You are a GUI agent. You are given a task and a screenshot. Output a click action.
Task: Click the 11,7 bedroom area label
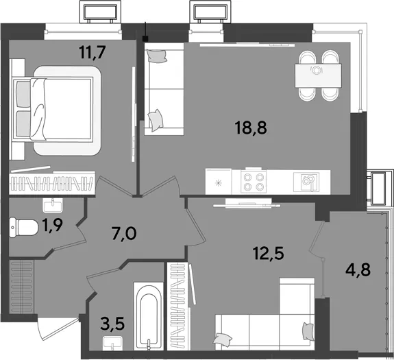(x=91, y=52)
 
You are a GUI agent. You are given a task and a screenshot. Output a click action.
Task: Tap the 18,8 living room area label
(x=251, y=128)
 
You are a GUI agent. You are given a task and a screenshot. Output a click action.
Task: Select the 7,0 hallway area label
(x=124, y=234)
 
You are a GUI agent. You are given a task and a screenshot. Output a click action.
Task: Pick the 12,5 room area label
(x=269, y=254)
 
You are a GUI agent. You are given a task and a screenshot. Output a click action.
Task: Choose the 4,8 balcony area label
(x=358, y=270)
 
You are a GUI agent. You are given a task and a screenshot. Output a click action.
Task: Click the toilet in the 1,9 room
(x=23, y=227)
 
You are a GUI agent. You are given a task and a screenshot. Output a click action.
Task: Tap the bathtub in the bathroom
(x=149, y=315)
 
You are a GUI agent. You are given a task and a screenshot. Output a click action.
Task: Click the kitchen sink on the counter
(x=306, y=182)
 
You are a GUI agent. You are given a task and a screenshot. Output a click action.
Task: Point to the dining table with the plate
(x=318, y=75)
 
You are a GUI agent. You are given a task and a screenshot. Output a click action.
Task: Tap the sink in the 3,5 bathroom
(x=112, y=343)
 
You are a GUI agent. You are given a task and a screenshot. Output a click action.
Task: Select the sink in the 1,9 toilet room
(x=53, y=205)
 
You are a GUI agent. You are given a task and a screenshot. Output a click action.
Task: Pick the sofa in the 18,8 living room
(x=164, y=89)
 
